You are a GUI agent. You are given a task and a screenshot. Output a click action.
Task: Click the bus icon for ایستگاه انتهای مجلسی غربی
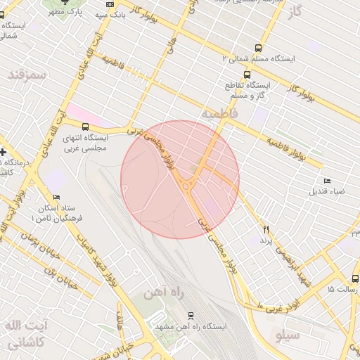(x=86, y=127)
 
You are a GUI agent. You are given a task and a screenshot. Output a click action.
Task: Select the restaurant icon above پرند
(x=266, y=229)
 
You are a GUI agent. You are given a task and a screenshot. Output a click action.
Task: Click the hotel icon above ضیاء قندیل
(x=323, y=181)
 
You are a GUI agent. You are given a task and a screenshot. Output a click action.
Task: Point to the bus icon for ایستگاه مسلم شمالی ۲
(x=258, y=49)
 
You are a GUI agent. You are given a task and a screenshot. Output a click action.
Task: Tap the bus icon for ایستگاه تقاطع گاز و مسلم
(x=247, y=74)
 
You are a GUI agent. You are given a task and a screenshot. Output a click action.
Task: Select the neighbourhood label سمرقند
(x=28, y=74)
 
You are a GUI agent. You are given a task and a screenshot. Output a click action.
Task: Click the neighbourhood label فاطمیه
(x=220, y=112)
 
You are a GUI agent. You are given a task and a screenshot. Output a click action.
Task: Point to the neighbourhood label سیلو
(x=288, y=335)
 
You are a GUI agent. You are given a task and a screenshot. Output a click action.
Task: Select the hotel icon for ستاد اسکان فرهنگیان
(x=57, y=198)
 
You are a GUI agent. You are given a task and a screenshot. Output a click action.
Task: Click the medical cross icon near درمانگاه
(x=4, y=152)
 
